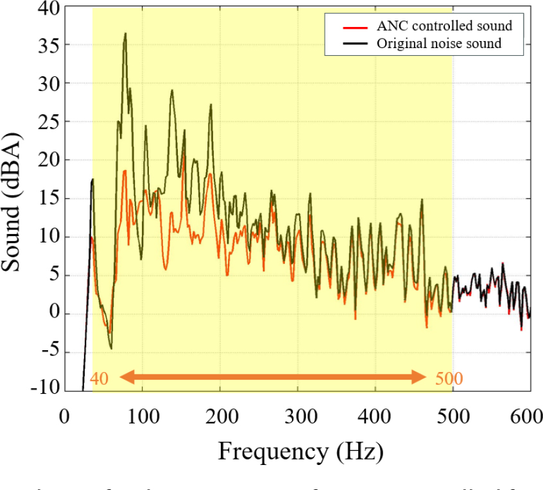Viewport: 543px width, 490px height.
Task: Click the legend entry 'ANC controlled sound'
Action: click(444, 26)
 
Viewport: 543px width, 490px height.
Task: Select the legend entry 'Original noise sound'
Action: click(439, 44)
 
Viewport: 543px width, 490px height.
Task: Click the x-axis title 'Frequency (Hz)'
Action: click(300, 453)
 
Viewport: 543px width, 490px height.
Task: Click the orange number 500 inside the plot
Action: click(449, 378)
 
